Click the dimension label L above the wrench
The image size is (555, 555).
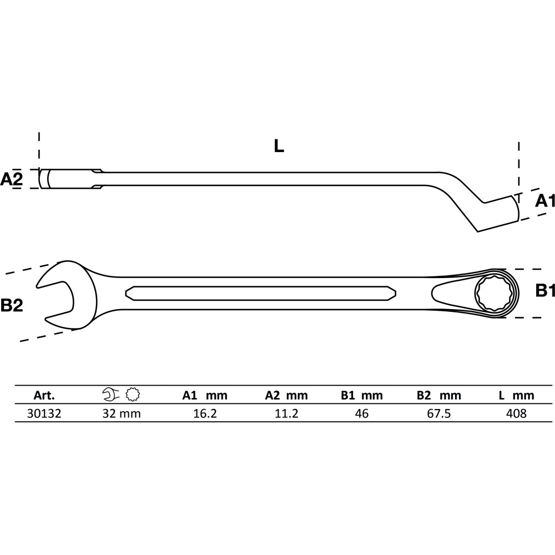(x=279, y=146)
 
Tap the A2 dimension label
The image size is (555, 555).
(x=11, y=179)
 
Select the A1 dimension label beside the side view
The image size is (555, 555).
(x=545, y=201)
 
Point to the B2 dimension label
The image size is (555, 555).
(x=12, y=305)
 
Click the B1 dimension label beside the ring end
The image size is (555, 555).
(x=545, y=290)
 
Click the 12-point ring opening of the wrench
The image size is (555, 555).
(x=492, y=294)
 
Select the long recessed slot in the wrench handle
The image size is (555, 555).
(x=260, y=293)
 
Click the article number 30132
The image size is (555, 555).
(x=44, y=413)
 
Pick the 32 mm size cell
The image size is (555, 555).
(x=122, y=413)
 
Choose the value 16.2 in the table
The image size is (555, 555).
(x=205, y=413)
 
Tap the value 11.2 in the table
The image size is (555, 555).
(x=286, y=413)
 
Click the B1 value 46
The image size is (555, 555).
(x=362, y=413)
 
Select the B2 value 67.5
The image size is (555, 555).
(x=439, y=413)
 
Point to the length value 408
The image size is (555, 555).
(x=516, y=413)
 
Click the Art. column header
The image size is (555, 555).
(x=44, y=395)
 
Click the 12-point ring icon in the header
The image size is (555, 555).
(x=133, y=395)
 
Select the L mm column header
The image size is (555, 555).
(x=516, y=395)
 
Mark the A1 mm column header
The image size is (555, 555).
(x=205, y=395)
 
